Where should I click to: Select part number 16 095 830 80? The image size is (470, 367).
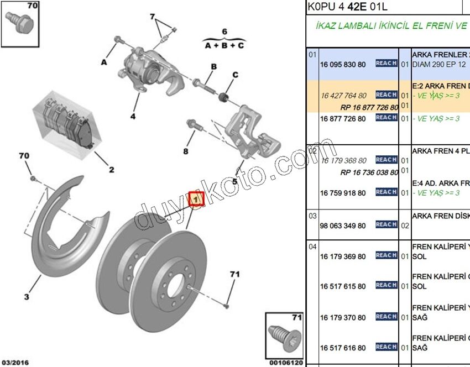pyautogui.click(x=343, y=64)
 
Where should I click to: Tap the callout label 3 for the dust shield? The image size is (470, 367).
pyautogui.click(x=26, y=297)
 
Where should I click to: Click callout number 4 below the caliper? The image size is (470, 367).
pyautogui.click(x=133, y=116)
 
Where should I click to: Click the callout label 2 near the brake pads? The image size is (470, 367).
pyautogui.click(x=111, y=169)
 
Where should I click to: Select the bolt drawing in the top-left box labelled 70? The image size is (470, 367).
pyautogui.click(x=19, y=20)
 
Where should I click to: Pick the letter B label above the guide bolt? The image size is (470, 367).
pyautogui.click(x=212, y=67)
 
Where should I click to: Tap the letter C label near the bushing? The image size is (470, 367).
pyautogui.click(x=235, y=75)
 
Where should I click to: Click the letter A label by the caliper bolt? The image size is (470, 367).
pyautogui.click(x=103, y=62)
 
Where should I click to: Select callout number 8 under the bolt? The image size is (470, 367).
pyautogui.click(x=186, y=150)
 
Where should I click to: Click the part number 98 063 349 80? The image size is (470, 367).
pyautogui.click(x=343, y=226)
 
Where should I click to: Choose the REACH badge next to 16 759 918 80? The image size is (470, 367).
pyautogui.click(x=386, y=192)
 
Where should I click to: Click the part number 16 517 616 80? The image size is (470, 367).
pyautogui.click(x=343, y=348)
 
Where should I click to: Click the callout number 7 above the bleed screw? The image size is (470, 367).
pyautogui.click(x=153, y=17)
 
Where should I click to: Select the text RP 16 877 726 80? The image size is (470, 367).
pyautogui.click(x=369, y=107)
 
